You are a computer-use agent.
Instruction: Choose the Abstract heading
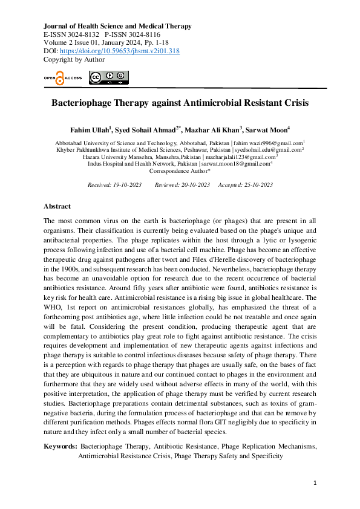tap(57, 207)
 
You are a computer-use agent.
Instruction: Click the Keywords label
tap(61, 446)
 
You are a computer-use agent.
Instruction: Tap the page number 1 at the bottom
tap(315, 483)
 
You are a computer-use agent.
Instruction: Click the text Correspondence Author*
tap(180, 171)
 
